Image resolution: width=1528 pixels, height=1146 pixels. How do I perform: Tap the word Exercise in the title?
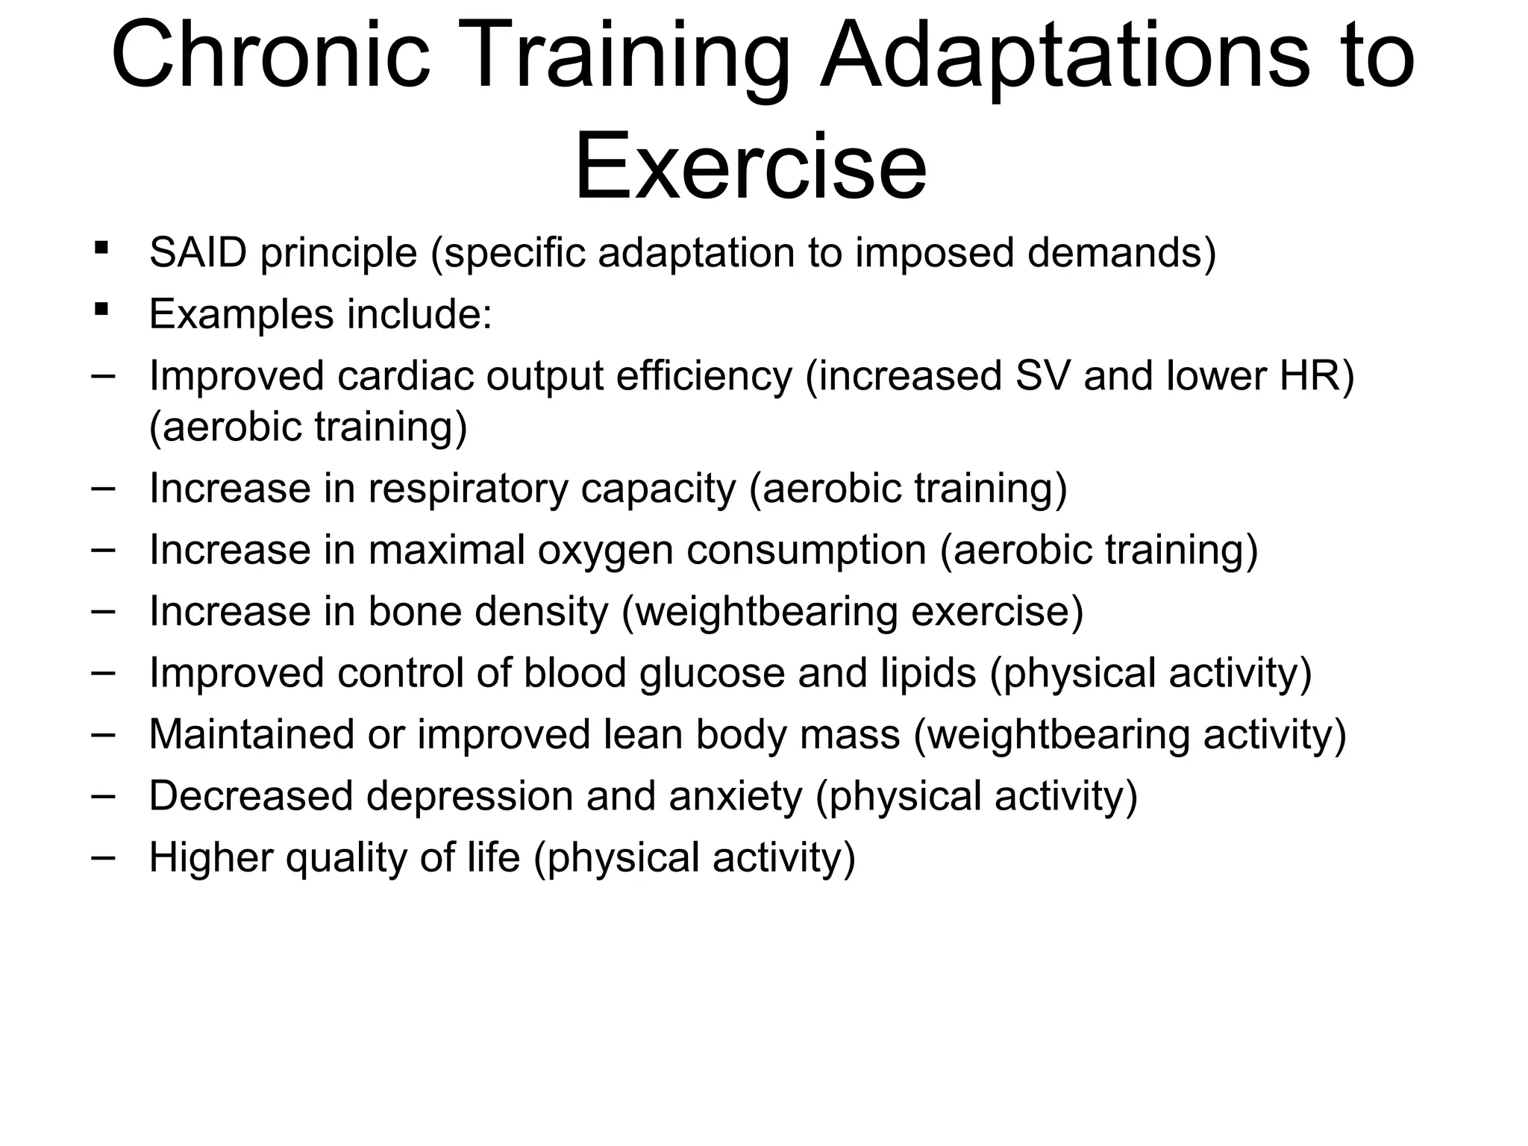click(x=750, y=166)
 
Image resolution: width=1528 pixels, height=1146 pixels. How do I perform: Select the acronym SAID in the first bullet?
click(x=198, y=253)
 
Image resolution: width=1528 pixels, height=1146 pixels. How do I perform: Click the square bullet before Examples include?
click(x=101, y=308)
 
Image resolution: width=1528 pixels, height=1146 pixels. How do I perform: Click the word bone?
click(x=414, y=612)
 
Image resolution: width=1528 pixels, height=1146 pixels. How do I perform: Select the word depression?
click(x=469, y=796)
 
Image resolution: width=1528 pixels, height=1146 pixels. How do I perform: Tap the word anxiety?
click(x=735, y=796)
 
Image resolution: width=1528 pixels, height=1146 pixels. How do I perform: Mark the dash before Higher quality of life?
click(x=103, y=856)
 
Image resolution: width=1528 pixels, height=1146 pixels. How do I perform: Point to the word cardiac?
click(x=405, y=375)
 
